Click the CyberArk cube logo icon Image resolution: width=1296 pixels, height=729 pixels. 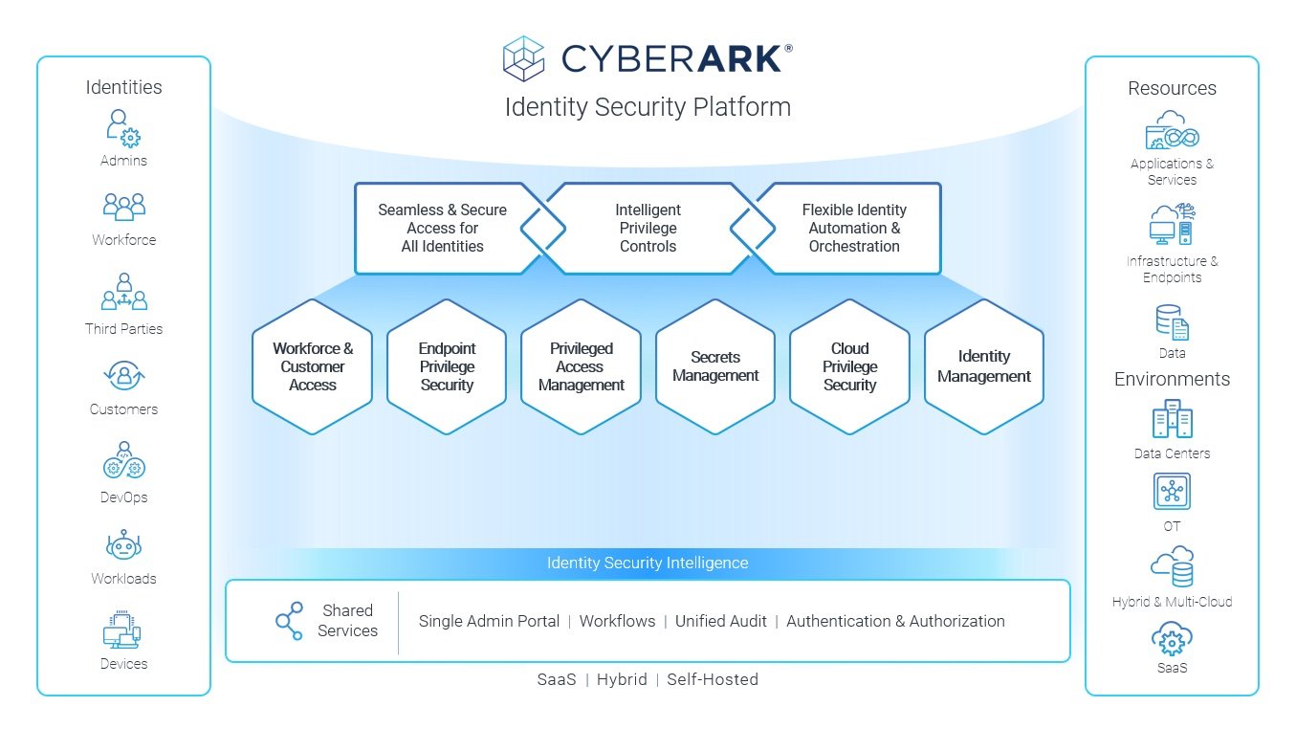(x=523, y=58)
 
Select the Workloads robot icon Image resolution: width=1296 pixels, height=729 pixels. (x=123, y=546)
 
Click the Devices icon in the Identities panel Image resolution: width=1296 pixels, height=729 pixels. (x=122, y=631)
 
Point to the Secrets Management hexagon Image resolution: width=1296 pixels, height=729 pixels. (x=715, y=366)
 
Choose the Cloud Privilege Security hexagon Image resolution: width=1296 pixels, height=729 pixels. (x=849, y=366)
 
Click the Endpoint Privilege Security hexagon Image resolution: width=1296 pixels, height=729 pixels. (x=447, y=366)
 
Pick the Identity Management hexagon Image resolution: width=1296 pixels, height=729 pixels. (x=983, y=366)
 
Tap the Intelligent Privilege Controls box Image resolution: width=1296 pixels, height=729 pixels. (x=648, y=228)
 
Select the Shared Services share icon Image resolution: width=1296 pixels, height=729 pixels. (x=289, y=621)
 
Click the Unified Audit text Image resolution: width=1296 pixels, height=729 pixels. (x=720, y=621)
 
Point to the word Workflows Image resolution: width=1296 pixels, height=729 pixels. (x=617, y=621)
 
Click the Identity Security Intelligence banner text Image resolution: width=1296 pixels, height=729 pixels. (x=648, y=563)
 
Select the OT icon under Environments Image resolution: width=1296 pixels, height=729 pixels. (x=1172, y=492)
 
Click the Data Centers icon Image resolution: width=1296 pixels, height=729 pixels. (x=1172, y=419)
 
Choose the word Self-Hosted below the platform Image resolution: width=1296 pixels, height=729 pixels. (x=713, y=679)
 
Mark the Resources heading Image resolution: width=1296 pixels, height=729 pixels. (x=1172, y=88)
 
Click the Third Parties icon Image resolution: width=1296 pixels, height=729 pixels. (x=124, y=293)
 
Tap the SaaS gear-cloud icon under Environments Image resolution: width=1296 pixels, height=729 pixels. (x=1172, y=637)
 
